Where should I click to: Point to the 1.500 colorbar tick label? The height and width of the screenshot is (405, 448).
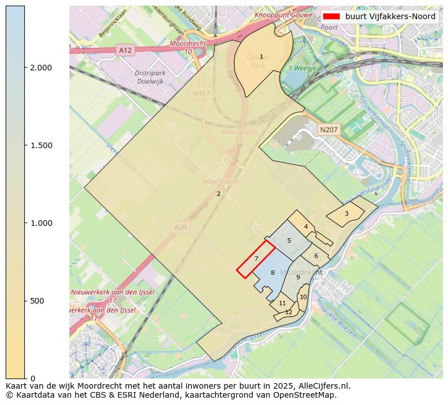click(x=41, y=145)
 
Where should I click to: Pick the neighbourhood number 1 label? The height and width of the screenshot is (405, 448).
click(x=261, y=56)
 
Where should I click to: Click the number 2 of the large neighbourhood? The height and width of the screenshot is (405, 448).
click(x=218, y=194)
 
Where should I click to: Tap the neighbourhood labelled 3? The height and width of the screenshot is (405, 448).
click(x=346, y=213)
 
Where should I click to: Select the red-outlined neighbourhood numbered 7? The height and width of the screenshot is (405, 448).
click(x=256, y=259)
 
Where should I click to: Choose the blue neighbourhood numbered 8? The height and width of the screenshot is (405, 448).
click(x=273, y=273)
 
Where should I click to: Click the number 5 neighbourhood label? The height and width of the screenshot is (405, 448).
click(x=289, y=241)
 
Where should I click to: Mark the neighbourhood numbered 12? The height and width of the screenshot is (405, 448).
click(x=288, y=312)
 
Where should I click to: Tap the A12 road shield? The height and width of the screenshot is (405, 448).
click(x=125, y=50)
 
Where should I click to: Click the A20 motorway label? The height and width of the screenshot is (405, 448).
click(x=180, y=226)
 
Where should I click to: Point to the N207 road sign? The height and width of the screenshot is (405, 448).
click(x=328, y=130)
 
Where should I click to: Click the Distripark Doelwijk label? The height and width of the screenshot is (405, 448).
click(x=146, y=77)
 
